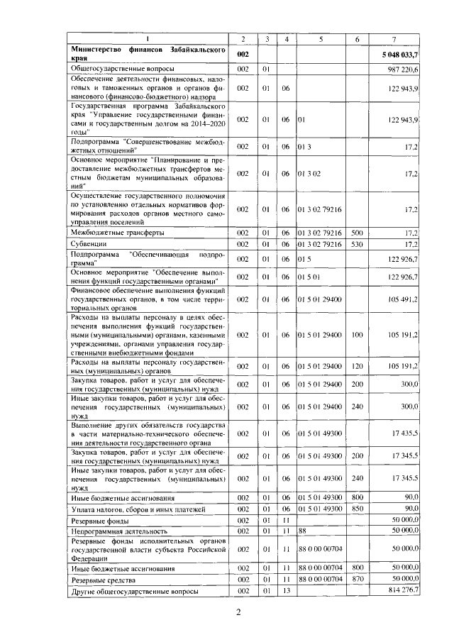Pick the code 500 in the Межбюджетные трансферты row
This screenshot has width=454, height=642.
tap(357, 233)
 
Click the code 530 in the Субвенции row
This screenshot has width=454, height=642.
tap(357, 244)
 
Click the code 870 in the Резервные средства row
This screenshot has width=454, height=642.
tap(357, 580)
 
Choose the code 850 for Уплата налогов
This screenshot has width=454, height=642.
tap(357, 509)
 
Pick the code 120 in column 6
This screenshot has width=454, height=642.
tap(357, 366)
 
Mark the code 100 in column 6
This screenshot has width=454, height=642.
tap(357, 334)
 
